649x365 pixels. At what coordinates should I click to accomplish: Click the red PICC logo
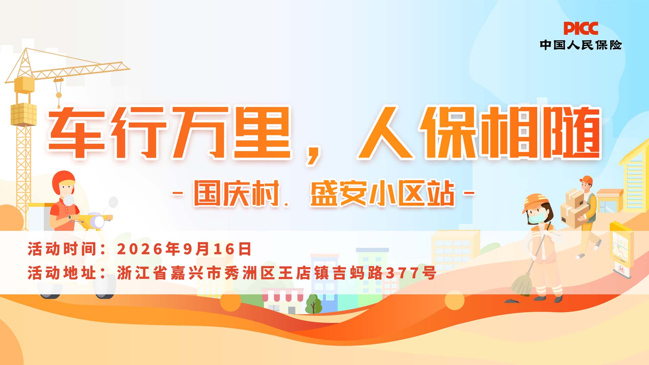click(580, 28)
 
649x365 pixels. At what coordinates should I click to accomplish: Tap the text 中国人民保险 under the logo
click(581, 45)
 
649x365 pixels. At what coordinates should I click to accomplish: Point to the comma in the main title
click(313, 155)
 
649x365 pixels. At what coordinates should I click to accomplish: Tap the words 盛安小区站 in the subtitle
click(382, 193)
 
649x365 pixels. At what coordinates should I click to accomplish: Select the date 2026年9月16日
click(184, 249)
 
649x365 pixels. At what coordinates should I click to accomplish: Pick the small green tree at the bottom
click(313, 304)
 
